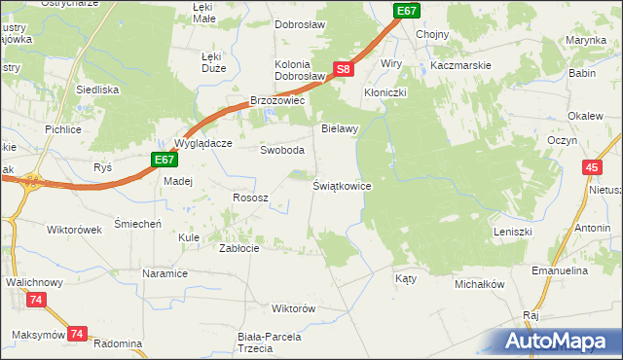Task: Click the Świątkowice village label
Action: pos(342,185)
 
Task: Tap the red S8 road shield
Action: pos(342,69)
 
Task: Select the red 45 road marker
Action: pos(592,168)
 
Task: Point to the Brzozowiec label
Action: pos(278,100)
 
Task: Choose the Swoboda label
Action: pos(282,151)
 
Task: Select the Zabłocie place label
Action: pos(238,248)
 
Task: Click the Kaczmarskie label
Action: pos(461,65)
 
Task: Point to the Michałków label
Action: pos(479,285)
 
